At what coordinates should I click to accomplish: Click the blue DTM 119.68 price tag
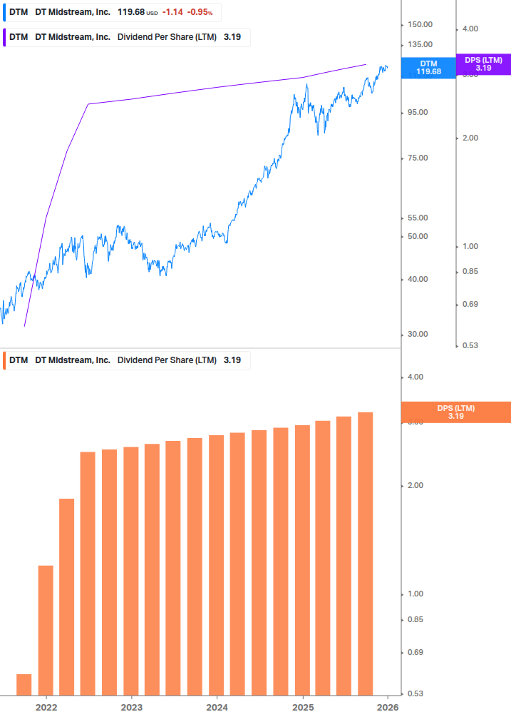point(428,68)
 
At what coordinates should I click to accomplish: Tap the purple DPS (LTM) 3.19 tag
point(483,64)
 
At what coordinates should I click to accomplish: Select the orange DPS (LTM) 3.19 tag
point(456,412)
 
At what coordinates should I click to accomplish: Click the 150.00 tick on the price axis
point(420,25)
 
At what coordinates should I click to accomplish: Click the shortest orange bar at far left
point(24,684)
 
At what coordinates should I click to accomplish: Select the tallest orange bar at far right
point(366,553)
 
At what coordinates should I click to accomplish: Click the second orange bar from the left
point(46,630)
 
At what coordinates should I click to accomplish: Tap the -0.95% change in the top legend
point(200,12)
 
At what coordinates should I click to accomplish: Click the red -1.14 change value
point(172,12)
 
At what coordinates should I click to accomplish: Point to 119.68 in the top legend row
point(131,12)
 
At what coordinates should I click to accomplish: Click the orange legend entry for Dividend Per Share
point(125,360)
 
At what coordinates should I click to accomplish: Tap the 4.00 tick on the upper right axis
point(470,29)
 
